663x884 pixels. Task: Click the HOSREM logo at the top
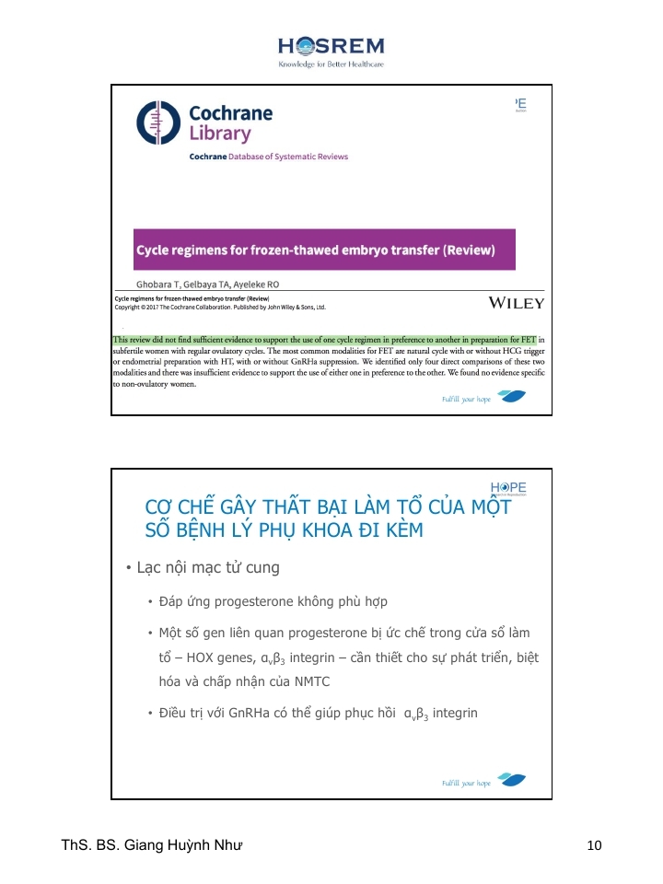click(331, 46)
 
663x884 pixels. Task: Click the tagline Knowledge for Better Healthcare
click(331, 64)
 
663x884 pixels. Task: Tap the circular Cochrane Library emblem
click(157, 122)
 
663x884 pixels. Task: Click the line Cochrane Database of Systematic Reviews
click(268, 157)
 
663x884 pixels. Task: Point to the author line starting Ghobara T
click(208, 285)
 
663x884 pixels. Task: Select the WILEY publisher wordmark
click(516, 303)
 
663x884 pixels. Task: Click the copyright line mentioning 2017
click(220, 308)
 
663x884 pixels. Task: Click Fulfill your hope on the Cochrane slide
click(467, 401)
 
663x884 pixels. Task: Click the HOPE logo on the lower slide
click(509, 488)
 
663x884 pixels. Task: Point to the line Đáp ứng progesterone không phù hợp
click(260, 602)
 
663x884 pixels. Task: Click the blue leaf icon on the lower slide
click(511, 780)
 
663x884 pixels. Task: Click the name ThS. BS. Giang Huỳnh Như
click(152, 844)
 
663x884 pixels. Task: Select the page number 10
click(593, 845)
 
